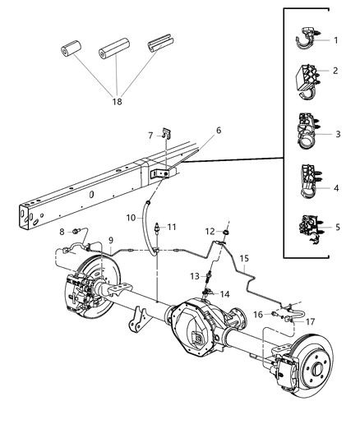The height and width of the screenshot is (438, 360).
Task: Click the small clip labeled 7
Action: pos(164,133)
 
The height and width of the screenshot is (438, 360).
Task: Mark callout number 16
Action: pos(257,314)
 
